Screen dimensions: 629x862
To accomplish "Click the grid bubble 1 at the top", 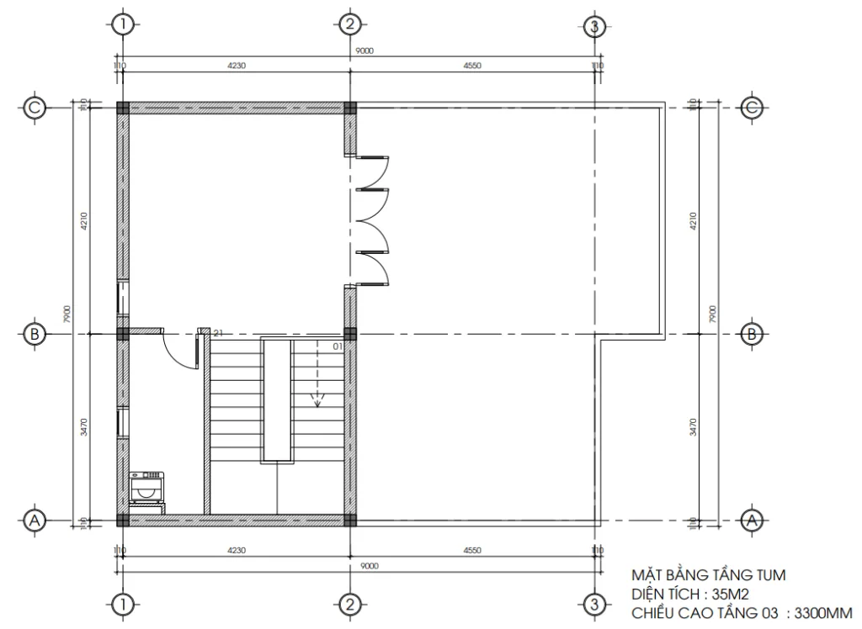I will [x=123, y=24].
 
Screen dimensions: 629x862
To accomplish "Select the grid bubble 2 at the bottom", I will [x=349, y=604].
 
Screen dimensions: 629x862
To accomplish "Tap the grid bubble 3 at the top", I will [x=594, y=25].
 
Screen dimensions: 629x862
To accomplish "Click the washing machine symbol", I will [x=147, y=488].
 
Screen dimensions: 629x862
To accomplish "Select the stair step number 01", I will [x=338, y=345].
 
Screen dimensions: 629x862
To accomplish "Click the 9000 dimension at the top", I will [x=364, y=51].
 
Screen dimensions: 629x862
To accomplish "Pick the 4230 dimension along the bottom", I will [x=236, y=551].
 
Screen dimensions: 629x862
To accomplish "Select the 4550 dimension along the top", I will [x=472, y=66].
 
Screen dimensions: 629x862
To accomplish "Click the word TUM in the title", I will [x=769, y=576].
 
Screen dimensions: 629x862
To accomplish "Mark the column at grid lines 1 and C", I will [x=123, y=108].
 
